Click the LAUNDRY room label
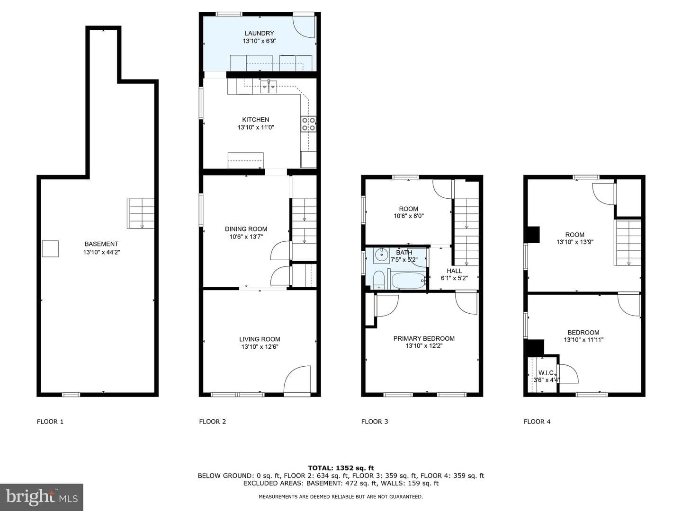(x=259, y=33)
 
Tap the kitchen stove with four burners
(x=308, y=124)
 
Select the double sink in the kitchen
(x=269, y=87)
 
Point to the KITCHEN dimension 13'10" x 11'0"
(x=256, y=127)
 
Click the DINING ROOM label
(x=246, y=229)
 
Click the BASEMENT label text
(x=101, y=244)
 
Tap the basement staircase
(x=141, y=213)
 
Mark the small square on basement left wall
(x=50, y=248)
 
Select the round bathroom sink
(x=381, y=255)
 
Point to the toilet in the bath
(x=379, y=280)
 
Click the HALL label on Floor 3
(x=454, y=271)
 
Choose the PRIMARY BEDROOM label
(x=424, y=338)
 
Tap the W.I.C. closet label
(x=546, y=373)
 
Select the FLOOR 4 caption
(x=537, y=421)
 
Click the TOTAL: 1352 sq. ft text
(x=341, y=468)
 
